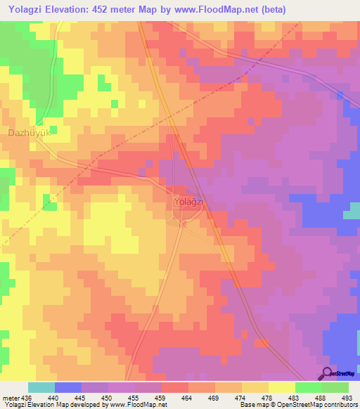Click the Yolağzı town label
188,202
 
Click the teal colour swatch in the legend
41,387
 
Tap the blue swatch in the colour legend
67,387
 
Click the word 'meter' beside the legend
11,398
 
